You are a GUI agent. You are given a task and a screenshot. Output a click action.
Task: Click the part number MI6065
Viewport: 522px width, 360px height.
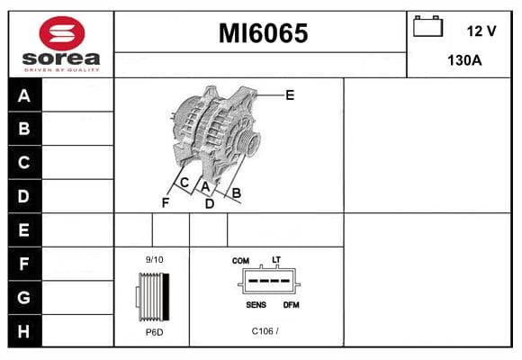pyautogui.click(x=263, y=33)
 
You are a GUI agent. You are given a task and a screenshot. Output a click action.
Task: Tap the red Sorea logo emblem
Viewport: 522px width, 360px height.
pyautogui.click(x=62, y=33)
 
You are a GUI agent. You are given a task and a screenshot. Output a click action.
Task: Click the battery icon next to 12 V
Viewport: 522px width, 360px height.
pyautogui.click(x=427, y=26)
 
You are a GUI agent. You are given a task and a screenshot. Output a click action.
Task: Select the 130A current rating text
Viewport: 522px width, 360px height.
pyautogui.click(x=464, y=60)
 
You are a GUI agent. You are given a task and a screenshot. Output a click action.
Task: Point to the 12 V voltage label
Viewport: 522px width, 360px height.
pyautogui.click(x=481, y=31)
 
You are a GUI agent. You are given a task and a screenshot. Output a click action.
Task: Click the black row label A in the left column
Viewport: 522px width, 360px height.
pyautogui.click(x=24, y=95)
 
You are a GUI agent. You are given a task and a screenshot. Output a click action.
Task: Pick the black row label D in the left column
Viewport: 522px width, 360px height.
pyautogui.click(x=23, y=196)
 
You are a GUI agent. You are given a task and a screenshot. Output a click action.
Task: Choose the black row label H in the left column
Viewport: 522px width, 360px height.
pyautogui.click(x=23, y=331)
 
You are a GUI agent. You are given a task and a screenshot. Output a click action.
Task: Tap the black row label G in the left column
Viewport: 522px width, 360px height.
pyautogui.click(x=23, y=297)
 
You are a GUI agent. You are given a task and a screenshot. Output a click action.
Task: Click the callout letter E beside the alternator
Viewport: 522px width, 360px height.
pyautogui.click(x=290, y=95)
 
